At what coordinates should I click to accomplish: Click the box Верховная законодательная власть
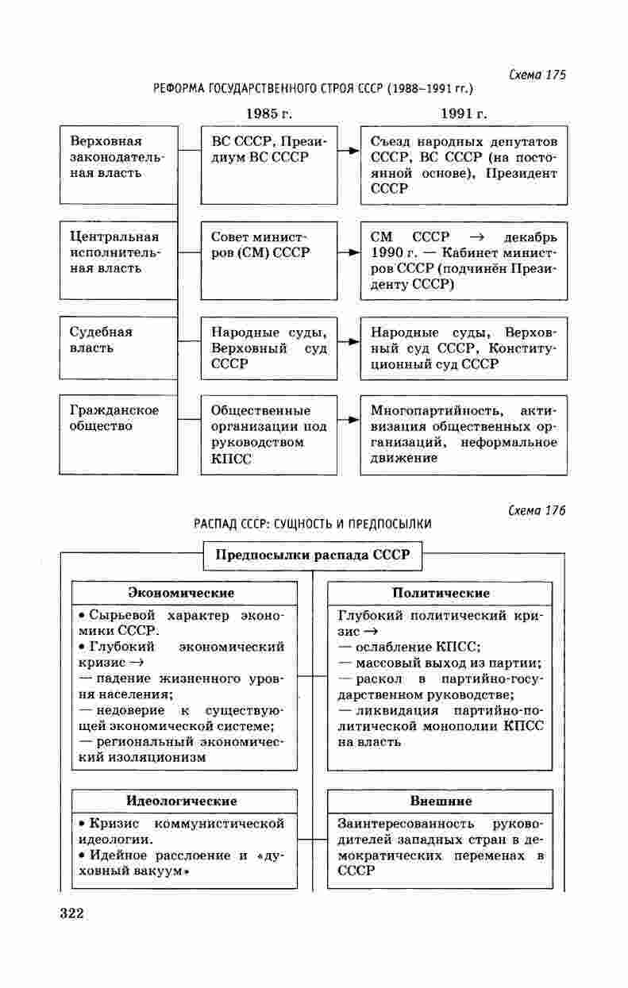pos(118,164)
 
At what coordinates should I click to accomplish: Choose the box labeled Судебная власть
pos(118,348)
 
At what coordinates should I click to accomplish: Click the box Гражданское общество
pos(118,434)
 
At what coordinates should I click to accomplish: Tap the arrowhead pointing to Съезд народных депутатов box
pos(354,149)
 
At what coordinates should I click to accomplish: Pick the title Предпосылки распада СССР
pos(313,555)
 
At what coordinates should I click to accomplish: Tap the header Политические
pos(441,593)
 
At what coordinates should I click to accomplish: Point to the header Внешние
pos(441,801)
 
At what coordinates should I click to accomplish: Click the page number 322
pos(71,913)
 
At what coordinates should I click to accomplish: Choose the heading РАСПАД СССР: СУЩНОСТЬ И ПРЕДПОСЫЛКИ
pos(313,524)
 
